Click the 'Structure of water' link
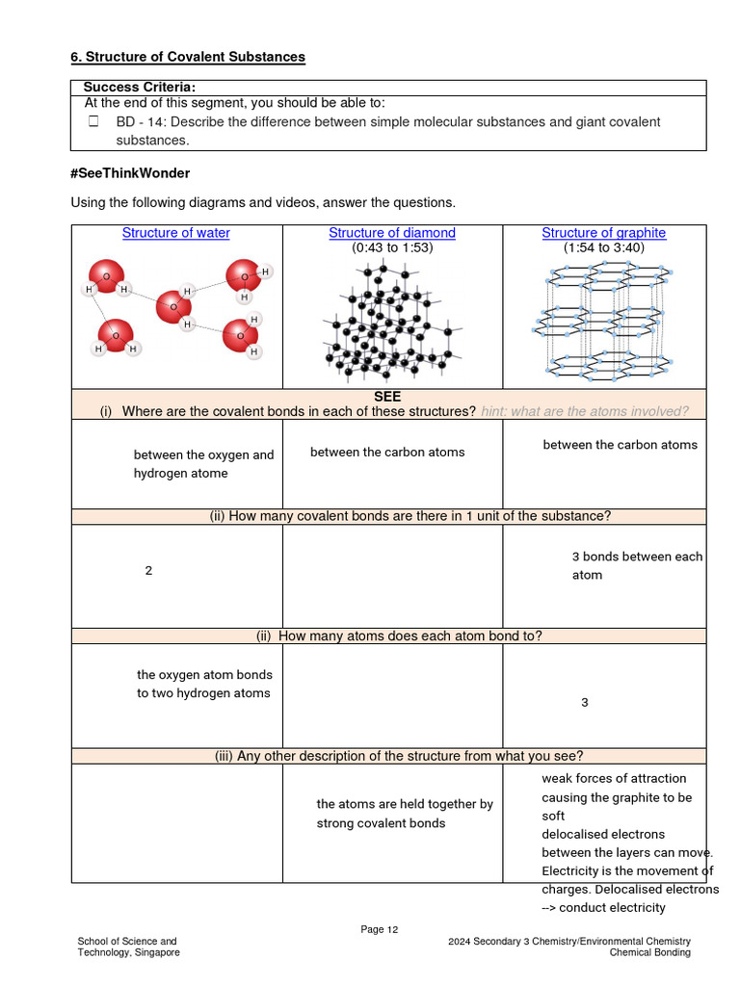[x=175, y=233]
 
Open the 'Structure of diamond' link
[x=392, y=233]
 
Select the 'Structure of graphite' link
[x=603, y=233]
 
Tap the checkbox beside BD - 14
[x=93, y=122]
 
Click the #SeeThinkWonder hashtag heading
[x=130, y=173]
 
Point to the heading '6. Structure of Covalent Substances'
[x=188, y=57]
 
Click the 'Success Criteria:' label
[x=140, y=88]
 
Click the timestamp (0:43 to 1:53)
[x=392, y=247]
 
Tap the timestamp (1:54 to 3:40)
[x=603, y=247]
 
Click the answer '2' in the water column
[x=148, y=571]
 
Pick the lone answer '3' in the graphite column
[x=584, y=703]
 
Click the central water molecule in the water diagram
[x=174, y=306]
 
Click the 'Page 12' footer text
[x=379, y=929]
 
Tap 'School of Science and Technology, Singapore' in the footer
[x=128, y=947]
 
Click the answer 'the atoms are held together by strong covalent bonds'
[x=404, y=814]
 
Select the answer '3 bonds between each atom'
[x=637, y=566]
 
